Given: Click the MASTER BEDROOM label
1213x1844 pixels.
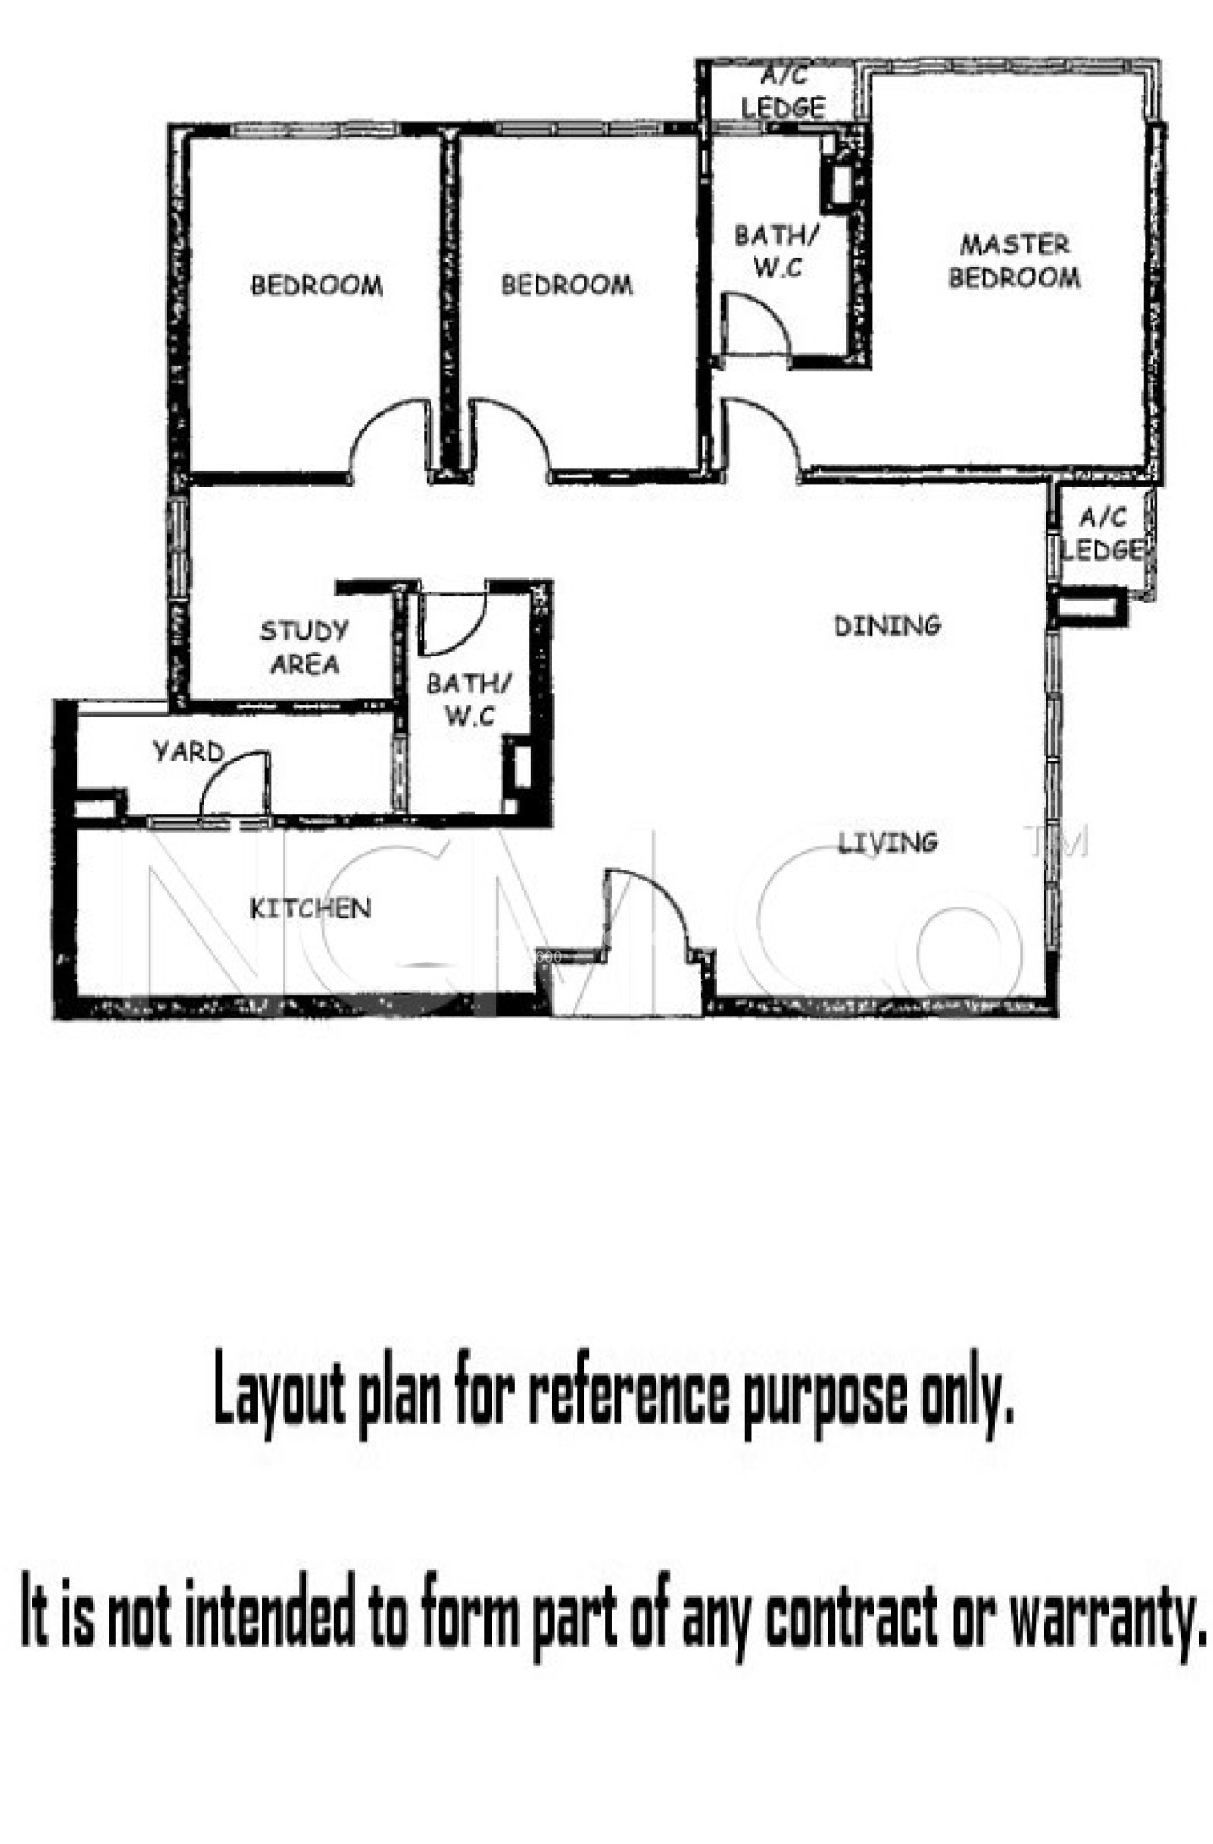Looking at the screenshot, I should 1014,261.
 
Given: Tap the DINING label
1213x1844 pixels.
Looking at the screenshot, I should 887,625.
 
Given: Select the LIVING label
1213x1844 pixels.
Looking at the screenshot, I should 888,843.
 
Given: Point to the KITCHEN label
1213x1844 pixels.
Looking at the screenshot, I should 310,908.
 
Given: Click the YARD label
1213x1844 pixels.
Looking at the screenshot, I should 187,751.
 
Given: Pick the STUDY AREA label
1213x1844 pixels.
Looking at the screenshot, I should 304,647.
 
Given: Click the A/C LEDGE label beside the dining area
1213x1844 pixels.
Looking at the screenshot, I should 1101,534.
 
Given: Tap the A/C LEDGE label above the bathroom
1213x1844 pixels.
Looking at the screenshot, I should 783,93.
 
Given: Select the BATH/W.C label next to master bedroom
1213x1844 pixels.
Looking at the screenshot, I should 776,251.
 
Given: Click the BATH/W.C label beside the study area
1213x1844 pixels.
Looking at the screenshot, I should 468,700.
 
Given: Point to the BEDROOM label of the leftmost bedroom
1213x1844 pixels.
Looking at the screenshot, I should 316,285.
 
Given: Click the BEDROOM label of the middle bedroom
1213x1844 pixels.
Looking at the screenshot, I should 566,285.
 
